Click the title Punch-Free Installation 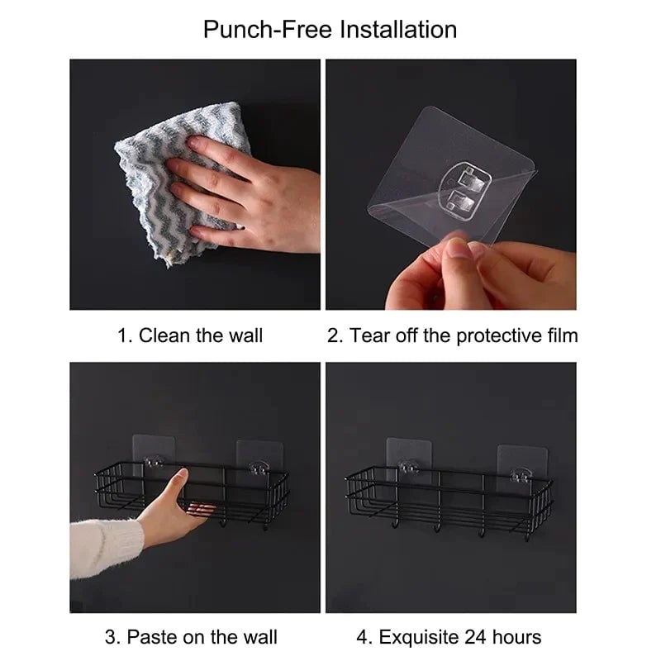[330, 30]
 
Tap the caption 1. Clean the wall [189, 335]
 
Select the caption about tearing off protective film [452, 335]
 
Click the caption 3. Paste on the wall [191, 637]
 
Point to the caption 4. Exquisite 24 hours [449, 637]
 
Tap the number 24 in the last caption [483, 637]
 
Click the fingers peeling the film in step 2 [438, 269]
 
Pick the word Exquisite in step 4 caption [420, 637]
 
